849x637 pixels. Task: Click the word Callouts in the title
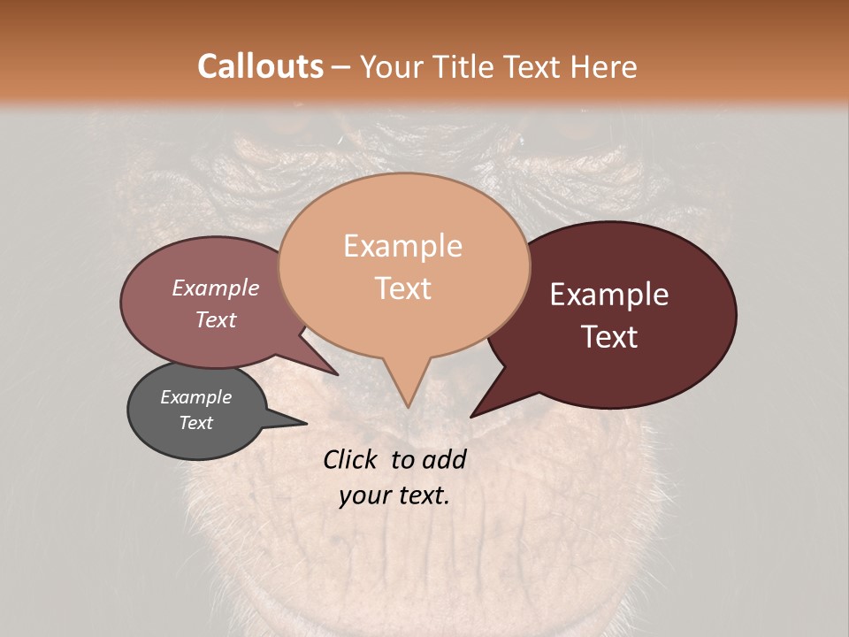(x=260, y=66)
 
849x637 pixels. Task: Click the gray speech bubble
(x=196, y=411)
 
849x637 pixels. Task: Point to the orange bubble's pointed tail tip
(x=407, y=406)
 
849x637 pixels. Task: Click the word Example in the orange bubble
(x=403, y=246)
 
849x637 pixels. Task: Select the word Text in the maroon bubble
(x=610, y=337)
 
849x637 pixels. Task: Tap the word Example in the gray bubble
(x=195, y=397)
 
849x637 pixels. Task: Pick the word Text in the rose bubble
(x=216, y=319)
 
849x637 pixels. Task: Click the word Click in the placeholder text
(x=351, y=459)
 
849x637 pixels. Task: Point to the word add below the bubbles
(x=445, y=459)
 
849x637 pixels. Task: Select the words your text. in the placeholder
(x=394, y=495)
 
